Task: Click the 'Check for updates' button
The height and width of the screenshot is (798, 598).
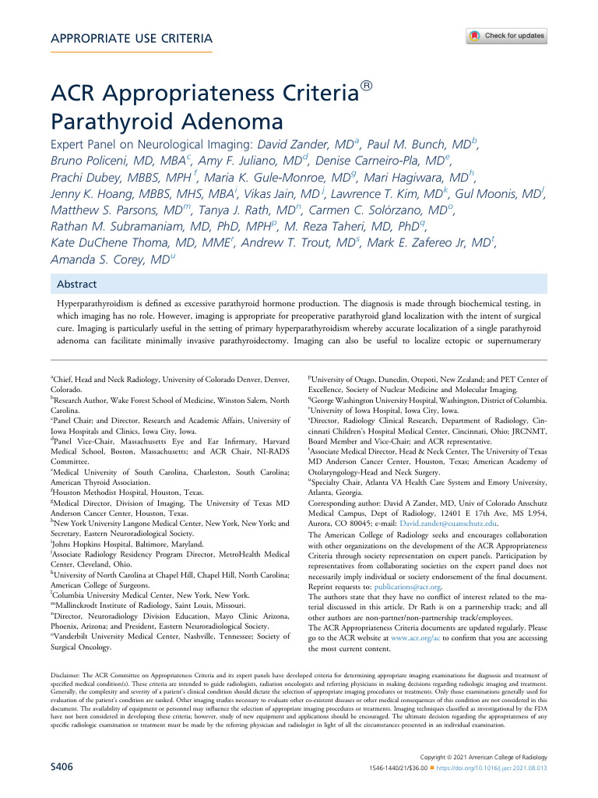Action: click(506, 36)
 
